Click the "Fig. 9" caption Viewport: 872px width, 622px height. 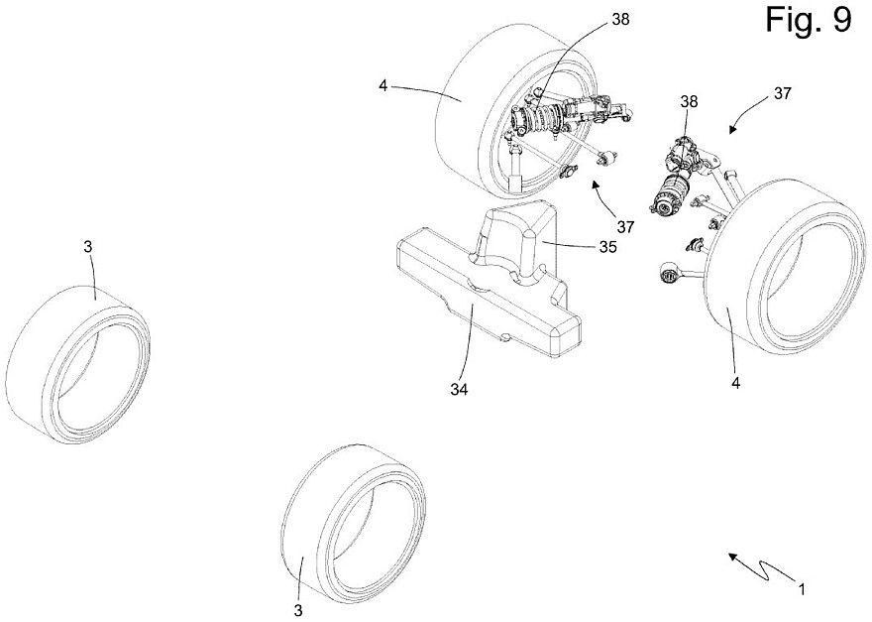coord(808,21)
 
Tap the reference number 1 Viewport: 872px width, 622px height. coord(801,589)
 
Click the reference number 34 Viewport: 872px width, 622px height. coord(457,389)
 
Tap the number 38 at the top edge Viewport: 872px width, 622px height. coord(593,18)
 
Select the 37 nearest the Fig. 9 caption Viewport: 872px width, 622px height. coord(782,94)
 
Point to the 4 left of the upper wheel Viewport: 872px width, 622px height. coord(382,85)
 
